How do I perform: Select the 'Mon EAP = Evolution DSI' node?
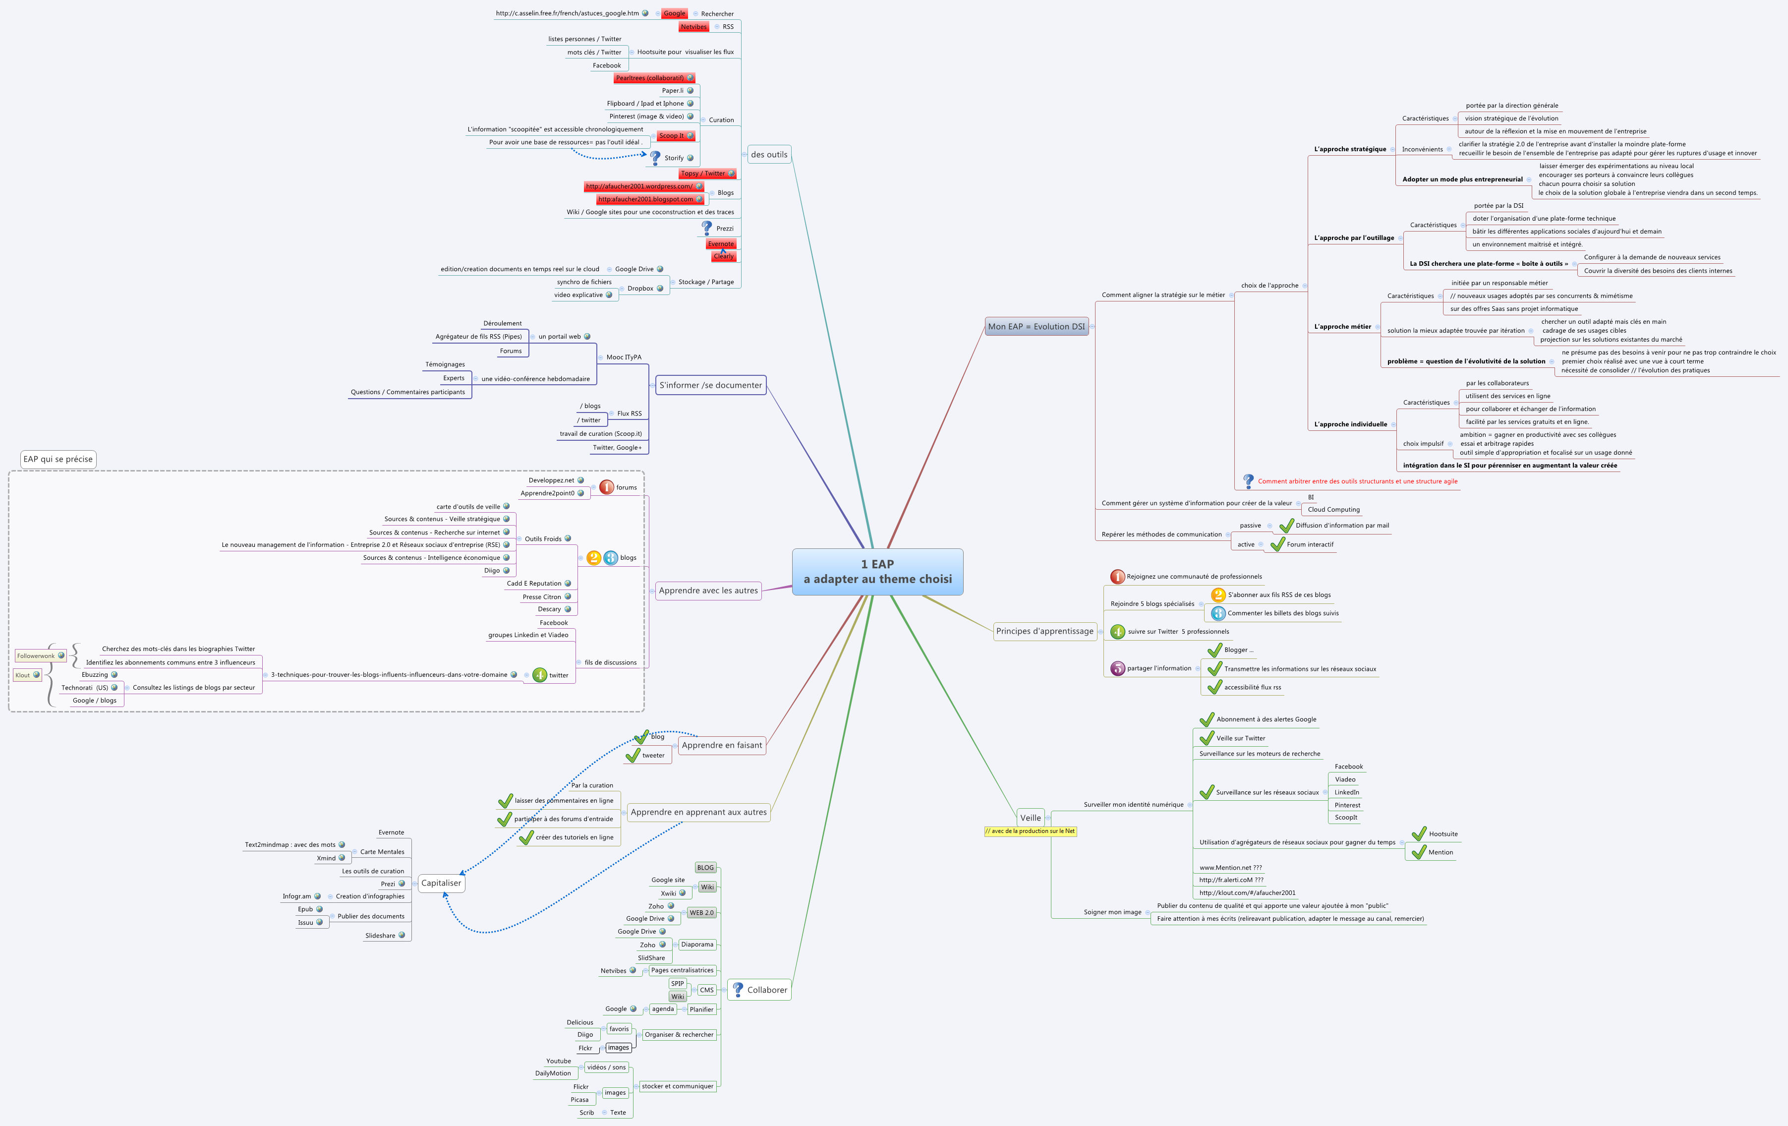point(1036,326)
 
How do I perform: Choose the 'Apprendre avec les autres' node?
point(708,591)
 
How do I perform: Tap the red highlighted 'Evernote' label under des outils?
point(720,243)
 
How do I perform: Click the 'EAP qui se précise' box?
point(58,459)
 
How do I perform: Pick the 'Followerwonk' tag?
point(36,656)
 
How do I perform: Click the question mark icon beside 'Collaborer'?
point(737,989)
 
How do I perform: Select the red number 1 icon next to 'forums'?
point(606,487)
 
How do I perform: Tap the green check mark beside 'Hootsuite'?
point(1418,833)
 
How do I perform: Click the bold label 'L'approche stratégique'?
point(1349,149)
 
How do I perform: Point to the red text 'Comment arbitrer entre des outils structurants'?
point(1357,481)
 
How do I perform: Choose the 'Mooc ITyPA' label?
point(623,357)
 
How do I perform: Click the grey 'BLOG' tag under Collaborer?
point(705,868)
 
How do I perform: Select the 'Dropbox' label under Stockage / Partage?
point(639,288)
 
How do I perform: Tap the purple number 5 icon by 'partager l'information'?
point(1117,668)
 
